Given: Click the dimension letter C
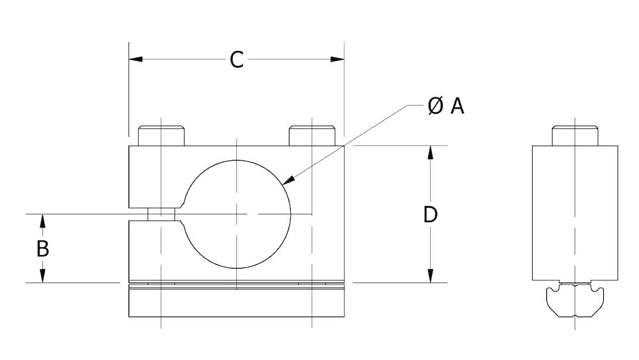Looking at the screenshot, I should [236, 60].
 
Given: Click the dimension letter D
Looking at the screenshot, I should [431, 215].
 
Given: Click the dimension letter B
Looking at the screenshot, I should [42, 248].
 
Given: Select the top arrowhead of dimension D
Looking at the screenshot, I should [431, 153].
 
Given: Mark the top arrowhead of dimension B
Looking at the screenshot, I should [42, 221].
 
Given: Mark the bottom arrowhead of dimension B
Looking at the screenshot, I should [42, 276].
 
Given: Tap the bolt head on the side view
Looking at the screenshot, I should [574, 136].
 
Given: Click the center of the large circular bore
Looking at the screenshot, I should [237, 214].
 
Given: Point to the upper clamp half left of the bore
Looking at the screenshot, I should [157, 176].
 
